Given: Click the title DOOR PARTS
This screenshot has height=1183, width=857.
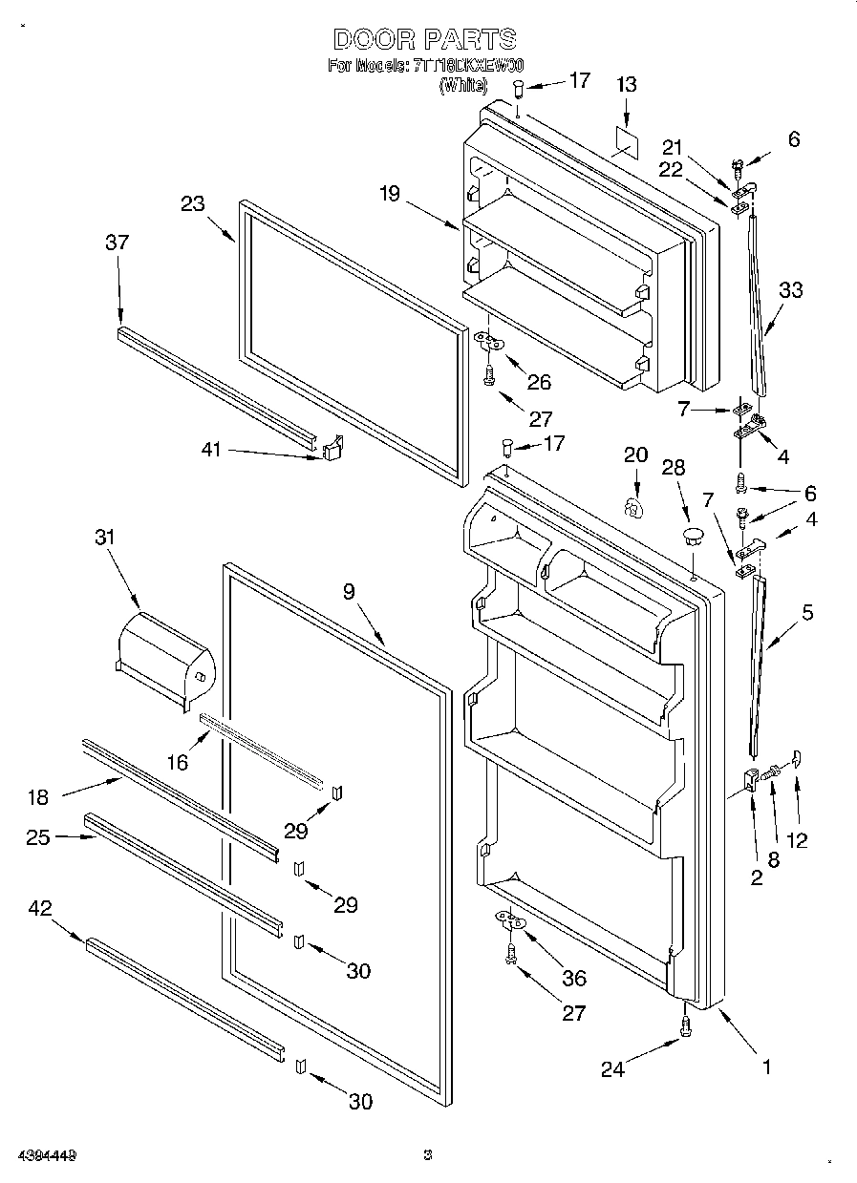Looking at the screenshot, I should point(426,39).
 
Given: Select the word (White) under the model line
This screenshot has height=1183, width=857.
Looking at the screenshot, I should point(463,85).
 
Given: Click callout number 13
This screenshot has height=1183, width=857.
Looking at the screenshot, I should point(625,84).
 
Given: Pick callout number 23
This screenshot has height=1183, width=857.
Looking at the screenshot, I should point(192,202).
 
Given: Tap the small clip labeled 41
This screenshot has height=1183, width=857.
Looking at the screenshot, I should point(332,448).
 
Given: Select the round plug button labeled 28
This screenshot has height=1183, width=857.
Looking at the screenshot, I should point(694,533).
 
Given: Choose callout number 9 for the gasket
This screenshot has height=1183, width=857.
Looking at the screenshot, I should point(350,591).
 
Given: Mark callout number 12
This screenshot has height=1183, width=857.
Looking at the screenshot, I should point(796,839).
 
